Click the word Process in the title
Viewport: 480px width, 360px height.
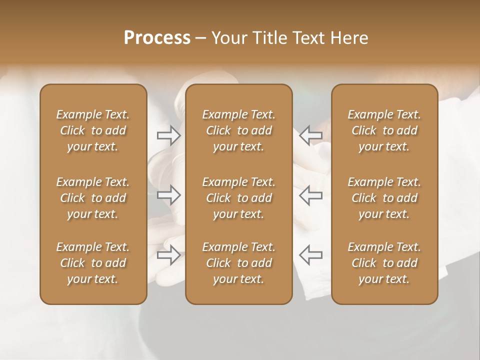point(157,38)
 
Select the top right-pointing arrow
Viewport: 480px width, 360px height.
point(169,135)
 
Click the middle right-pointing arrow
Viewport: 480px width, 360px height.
point(169,195)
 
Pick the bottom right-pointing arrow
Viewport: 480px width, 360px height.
point(169,255)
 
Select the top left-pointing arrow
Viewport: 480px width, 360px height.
point(310,135)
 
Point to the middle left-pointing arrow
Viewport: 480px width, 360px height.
point(310,195)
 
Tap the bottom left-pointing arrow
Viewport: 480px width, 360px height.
point(310,255)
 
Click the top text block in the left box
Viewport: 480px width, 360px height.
point(93,130)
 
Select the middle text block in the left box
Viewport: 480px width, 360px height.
point(93,198)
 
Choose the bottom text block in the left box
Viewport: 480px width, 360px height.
point(93,263)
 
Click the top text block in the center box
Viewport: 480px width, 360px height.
point(238,130)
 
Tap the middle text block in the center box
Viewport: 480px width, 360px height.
point(238,198)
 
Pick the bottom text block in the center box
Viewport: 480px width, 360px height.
point(238,263)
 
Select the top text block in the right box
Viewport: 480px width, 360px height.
point(384,130)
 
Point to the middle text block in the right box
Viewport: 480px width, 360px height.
point(384,198)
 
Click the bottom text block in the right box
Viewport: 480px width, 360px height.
point(384,263)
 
